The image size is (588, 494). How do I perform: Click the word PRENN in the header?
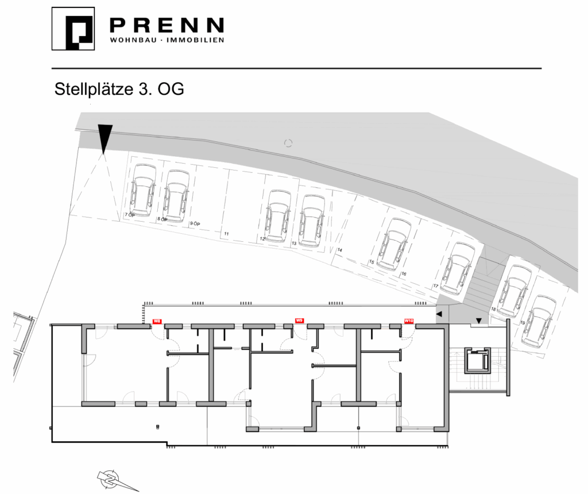(x=166, y=25)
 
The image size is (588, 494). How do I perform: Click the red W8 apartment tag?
(x=156, y=322)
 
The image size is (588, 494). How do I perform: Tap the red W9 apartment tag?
(x=299, y=321)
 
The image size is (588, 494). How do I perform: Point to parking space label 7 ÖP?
(x=129, y=214)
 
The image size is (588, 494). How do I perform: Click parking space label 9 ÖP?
(x=195, y=223)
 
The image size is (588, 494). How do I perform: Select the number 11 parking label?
(x=227, y=234)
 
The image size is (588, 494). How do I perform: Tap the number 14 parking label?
(x=340, y=250)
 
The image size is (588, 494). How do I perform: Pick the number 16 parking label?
(x=404, y=274)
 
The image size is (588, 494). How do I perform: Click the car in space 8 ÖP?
(x=176, y=195)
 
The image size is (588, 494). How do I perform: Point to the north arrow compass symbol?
(x=113, y=478)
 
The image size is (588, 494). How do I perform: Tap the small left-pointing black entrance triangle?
(x=439, y=314)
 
